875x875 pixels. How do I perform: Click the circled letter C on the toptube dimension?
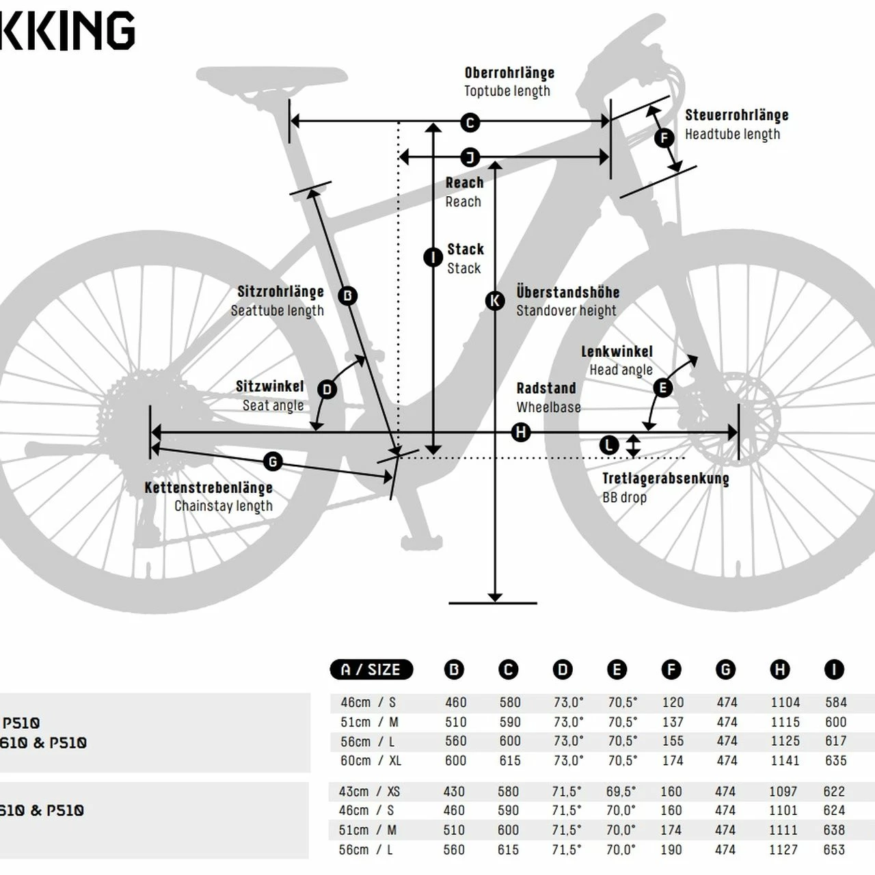point(470,123)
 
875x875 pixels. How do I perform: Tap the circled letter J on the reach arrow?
point(470,158)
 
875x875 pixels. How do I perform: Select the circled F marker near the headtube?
point(664,139)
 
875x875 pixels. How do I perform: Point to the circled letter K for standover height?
point(495,300)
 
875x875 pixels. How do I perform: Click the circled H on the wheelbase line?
point(522,432)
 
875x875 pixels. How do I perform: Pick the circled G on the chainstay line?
point(273,462)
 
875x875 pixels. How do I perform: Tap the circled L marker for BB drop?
point(609,446)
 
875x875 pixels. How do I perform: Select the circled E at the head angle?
point(663,388)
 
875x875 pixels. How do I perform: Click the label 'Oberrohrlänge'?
point(509,73)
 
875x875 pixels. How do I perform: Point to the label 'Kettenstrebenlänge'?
point(208,488)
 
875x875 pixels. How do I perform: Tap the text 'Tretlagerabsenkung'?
point(665,479)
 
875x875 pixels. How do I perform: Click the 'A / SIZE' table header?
point(371,670)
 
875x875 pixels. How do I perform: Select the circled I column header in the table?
point(834,670)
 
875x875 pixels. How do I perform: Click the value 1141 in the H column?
point(785,761)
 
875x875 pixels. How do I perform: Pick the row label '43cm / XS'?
point(369,792)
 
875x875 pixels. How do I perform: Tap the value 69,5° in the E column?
point(621,792)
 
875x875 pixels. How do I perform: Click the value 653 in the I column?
point(835,850)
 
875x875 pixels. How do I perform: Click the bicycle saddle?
point(273,77)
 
